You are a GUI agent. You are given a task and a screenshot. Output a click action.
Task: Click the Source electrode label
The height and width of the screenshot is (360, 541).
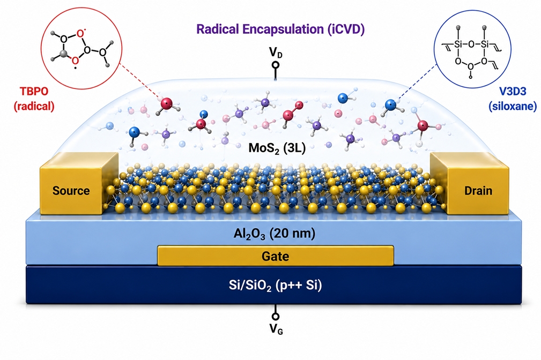point(71,191)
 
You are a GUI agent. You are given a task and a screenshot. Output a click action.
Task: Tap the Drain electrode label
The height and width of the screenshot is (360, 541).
point(478,191)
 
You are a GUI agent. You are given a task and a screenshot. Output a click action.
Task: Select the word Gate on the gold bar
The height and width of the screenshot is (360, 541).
point(276,256)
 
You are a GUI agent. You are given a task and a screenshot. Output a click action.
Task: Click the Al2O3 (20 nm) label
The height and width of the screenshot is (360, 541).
point(275,234)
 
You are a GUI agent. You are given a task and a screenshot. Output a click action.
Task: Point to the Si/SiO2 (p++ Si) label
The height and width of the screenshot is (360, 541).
point(276,285)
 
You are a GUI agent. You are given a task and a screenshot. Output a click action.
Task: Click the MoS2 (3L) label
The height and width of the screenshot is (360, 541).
point(277,148)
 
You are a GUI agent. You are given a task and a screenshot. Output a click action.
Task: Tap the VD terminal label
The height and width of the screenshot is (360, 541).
point(276,52)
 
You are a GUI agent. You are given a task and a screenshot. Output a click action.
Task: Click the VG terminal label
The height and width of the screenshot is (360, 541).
point(276,329)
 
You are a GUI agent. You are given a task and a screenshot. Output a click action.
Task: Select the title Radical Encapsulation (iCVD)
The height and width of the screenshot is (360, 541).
point(280,29)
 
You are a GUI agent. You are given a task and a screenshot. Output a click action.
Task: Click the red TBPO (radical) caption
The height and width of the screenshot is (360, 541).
point(34,99)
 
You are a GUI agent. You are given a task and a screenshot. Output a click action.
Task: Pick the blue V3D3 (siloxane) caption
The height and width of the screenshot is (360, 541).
point(513,99)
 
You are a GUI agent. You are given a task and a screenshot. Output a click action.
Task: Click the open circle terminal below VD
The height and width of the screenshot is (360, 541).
point(276,65)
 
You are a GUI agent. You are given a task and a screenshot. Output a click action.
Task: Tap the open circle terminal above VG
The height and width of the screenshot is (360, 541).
point(276,316)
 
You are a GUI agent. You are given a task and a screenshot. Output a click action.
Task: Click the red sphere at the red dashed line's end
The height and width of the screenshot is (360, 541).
point(166,103)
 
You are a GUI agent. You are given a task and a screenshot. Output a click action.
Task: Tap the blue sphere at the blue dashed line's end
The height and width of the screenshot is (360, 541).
point(390,105)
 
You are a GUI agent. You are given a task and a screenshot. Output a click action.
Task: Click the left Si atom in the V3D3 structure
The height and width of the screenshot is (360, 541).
point(458,44)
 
